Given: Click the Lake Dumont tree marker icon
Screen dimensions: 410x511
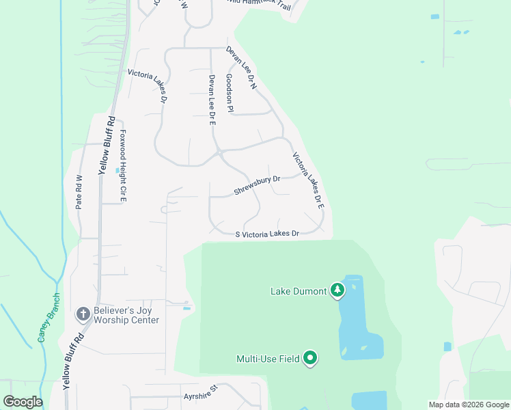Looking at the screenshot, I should point(337,291).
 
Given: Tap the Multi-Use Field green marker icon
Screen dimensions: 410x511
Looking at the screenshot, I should point(310,358).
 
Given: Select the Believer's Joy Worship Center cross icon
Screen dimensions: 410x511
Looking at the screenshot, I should point(83,314).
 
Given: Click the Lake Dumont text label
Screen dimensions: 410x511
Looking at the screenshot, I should point(299,292).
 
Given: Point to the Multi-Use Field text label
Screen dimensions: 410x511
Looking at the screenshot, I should point(268,359).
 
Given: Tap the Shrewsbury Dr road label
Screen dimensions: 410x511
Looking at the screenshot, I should point(258,185).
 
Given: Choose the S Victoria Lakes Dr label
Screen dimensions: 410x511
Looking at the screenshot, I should point(268,234).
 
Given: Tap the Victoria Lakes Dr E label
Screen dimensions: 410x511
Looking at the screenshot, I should point(308,180).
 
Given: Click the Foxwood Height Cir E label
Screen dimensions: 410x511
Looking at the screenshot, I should point(124,165).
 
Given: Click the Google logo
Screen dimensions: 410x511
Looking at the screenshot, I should point(23,402).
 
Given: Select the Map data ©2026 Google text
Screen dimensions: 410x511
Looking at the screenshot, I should point(468,405).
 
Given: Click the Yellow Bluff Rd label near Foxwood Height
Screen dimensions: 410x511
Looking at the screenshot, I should point(107,145).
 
